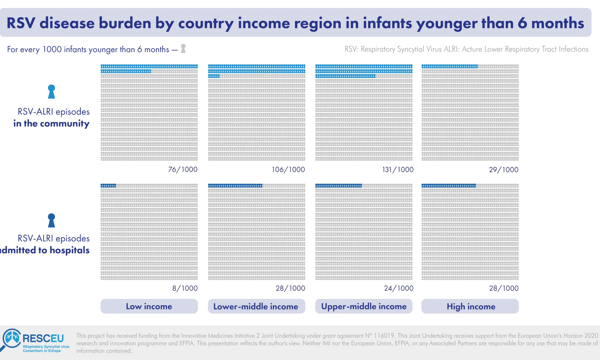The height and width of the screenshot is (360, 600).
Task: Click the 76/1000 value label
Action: [183, 169]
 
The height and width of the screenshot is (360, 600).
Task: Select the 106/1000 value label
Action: [288, 169]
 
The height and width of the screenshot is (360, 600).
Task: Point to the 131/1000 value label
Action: [398, 169]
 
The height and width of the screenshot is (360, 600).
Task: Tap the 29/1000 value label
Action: [504, 169]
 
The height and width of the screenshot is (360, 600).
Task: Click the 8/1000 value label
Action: [185, 288]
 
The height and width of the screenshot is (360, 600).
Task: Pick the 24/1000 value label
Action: [399, 288]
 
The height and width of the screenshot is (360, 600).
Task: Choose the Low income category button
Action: [149, 306]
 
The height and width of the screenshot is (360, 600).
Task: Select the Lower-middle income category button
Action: [256, 306]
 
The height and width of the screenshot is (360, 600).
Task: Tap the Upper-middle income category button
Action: [364, 306]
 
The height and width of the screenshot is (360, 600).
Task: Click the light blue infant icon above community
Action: [52, 91]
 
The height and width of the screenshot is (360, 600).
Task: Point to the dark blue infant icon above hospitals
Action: [52, 220]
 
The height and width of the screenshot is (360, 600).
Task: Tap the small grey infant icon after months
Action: [183, 48]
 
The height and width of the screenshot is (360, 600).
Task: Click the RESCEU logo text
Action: [43, 338]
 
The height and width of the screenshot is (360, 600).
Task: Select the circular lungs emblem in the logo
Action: [12, 338]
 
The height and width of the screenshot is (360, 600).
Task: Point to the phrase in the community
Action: [51, 123]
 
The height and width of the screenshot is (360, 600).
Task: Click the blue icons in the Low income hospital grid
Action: [108, 186]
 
